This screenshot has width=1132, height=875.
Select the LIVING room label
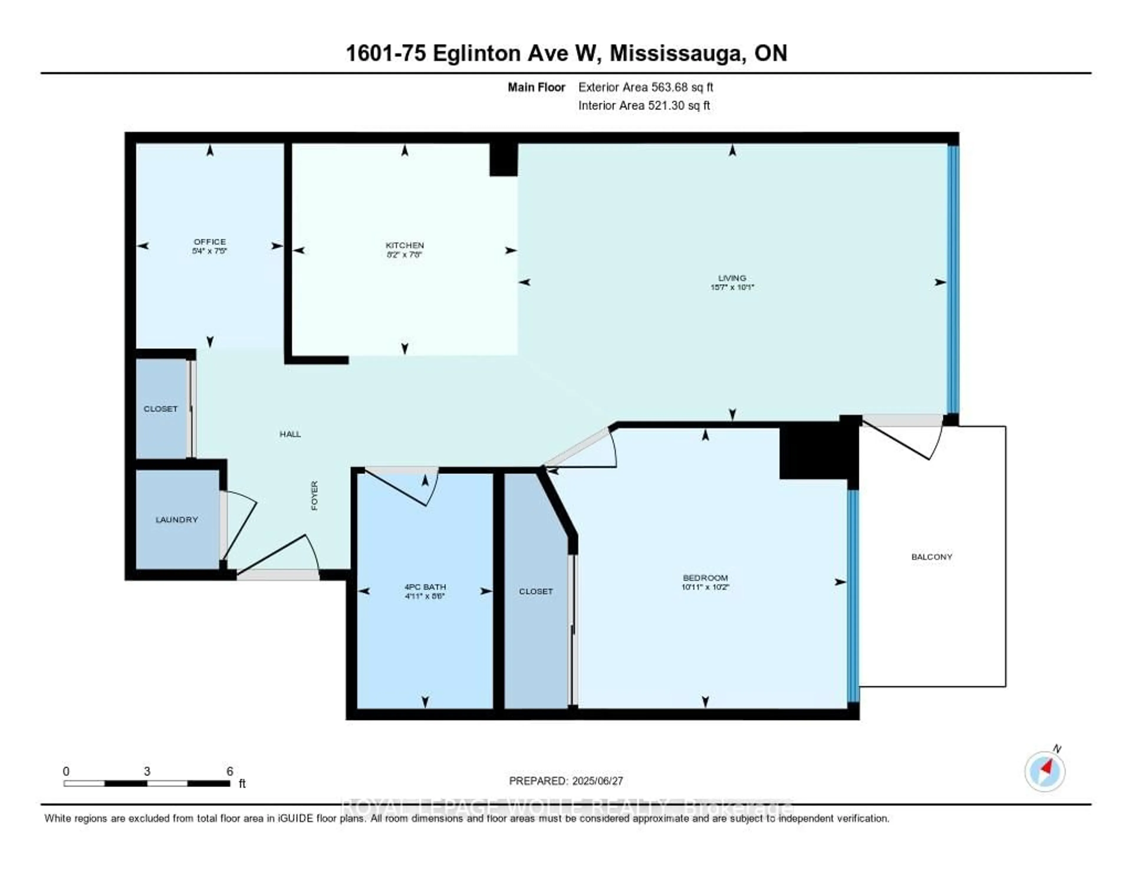coord(732,278)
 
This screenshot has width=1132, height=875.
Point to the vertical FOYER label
coord(314,495)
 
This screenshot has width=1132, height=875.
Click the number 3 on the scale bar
coord(147,771)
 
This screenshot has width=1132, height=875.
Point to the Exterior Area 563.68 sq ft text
coord(645,87)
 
